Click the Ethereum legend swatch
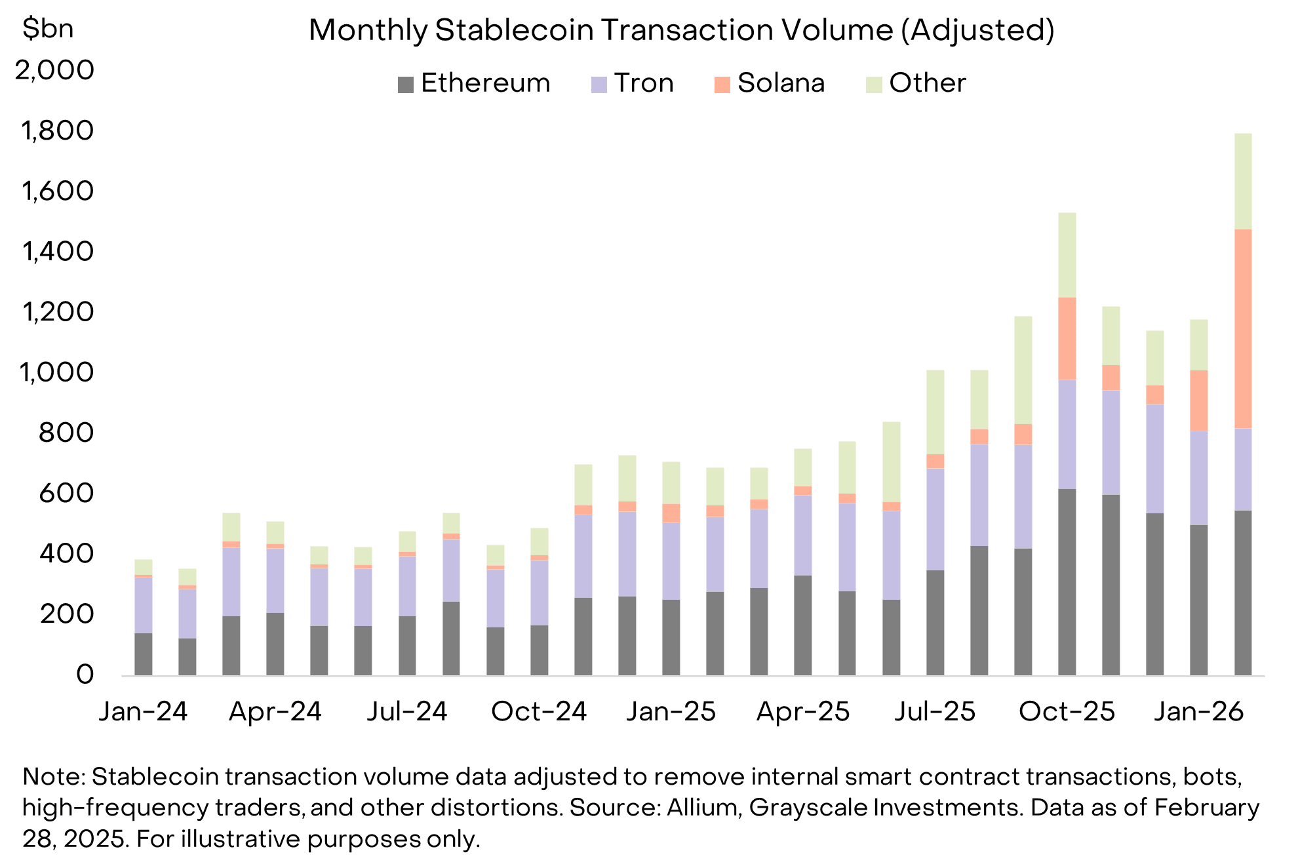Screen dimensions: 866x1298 406,85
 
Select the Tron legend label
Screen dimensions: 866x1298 644,83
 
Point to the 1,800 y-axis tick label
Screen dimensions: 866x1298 58,130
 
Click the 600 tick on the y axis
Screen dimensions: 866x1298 66,493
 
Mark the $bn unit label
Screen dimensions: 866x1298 47,29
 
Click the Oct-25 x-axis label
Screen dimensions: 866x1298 1067,711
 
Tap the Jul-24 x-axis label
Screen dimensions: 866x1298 406,711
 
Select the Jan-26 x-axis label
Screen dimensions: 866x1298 1198,711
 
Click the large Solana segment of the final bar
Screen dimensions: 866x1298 1243,328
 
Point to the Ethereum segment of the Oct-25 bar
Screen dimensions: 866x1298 1067,582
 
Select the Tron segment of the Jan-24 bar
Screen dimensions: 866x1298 144,605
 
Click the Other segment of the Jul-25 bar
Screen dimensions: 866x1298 935,412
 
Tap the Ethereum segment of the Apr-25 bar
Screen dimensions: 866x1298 803,625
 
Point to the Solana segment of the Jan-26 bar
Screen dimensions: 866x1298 1199,401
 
